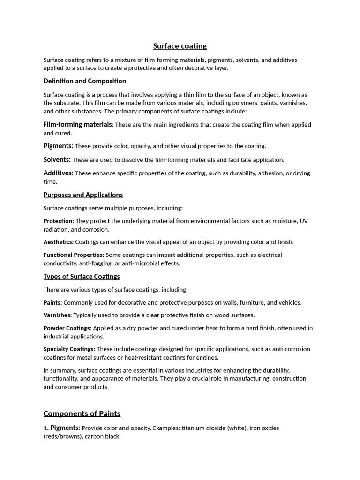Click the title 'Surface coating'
180,46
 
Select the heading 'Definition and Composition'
85,81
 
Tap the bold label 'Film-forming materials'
78,124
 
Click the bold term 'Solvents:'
57,159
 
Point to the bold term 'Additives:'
59,173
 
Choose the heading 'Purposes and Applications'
83,195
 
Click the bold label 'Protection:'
59,221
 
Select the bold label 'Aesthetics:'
59,242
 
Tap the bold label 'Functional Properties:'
74,255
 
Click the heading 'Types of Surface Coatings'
82,276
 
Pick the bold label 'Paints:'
52,302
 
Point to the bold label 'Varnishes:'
58,315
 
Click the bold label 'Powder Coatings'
67,328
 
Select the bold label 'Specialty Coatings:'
69,349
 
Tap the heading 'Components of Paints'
82,413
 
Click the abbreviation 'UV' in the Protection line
304,221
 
